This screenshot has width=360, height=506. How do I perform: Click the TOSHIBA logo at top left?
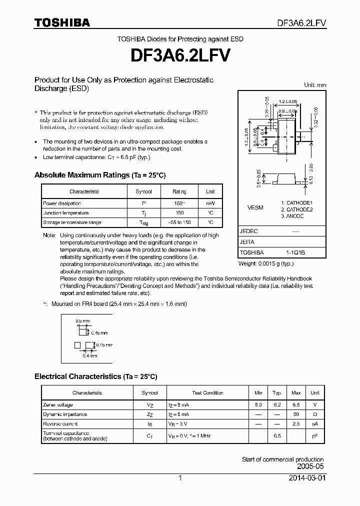point(62,22)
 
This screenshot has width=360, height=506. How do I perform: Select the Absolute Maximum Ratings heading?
point(99,175)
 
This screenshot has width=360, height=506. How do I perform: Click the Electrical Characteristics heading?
point(95,376)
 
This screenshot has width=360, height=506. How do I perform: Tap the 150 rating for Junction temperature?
point(179,212)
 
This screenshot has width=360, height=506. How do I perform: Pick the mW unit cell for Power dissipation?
point(210,203)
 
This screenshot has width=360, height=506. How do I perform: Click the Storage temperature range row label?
point(72,222)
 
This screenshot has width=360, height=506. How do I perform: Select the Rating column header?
point(179,191)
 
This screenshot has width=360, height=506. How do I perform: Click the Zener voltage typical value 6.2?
point(276,404)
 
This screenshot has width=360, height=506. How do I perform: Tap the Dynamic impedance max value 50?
point(296,414)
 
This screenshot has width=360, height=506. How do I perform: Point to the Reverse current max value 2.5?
point(296,423)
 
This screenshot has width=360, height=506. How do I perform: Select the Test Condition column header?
point(207,393)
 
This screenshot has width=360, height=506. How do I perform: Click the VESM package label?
point(255,207)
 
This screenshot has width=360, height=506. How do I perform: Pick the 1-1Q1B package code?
point(295,252)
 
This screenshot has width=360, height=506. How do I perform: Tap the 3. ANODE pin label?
point(292,216)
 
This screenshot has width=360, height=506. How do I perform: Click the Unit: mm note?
point(315,85)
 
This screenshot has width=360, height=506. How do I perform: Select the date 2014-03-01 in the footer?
point(307,478)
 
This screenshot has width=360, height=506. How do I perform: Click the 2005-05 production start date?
point(310,465)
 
